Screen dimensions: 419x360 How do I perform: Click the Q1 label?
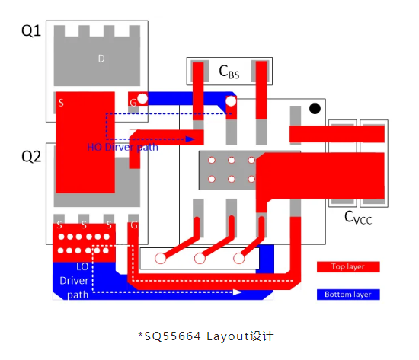coord(31,30)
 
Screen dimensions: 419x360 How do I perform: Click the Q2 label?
coord(31,157)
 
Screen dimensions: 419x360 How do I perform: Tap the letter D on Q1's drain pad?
coord(101,59)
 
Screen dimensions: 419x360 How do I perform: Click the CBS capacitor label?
coord(229,72)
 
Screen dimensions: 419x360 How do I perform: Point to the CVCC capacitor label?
coord(358,218)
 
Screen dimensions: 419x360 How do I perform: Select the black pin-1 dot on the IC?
coord(315,108)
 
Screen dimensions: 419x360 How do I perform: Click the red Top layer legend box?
coord(348,266)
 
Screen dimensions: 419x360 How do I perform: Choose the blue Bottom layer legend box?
coord(348,295)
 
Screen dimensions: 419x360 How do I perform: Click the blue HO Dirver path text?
coord(123,147)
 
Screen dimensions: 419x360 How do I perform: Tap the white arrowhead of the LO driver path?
coord(238,292)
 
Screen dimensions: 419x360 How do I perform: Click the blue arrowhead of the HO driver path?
coord(190,139)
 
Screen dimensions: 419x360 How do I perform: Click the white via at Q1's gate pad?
coord(142,98)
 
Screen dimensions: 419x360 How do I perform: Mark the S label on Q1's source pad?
coord(61,103)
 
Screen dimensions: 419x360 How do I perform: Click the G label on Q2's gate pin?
coord(134,225)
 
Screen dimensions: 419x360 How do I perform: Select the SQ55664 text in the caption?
coord(172,336)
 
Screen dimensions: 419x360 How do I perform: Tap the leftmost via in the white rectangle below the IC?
coord(160,258)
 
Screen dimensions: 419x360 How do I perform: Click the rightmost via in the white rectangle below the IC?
coord(239,258)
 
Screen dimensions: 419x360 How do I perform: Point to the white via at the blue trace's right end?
coord(231,101)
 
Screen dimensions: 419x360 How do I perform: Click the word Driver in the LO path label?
coord(74,281)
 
